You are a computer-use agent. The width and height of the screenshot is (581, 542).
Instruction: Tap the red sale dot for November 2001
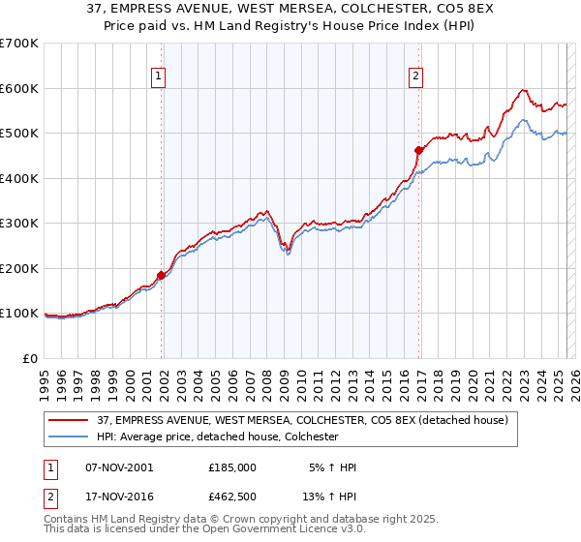161,275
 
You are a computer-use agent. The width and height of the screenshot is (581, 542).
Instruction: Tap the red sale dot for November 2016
418,150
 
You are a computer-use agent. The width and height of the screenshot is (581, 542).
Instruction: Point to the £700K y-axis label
19,44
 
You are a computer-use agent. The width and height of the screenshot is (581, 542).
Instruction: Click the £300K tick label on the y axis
19,224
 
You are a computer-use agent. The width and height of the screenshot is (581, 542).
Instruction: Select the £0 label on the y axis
30,358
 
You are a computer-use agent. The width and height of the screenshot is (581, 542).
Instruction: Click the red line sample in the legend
69,420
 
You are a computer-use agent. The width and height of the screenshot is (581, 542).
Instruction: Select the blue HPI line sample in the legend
69,437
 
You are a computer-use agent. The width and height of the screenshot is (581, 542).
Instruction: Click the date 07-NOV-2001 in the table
119,467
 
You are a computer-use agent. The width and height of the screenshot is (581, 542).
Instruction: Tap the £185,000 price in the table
232,467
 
